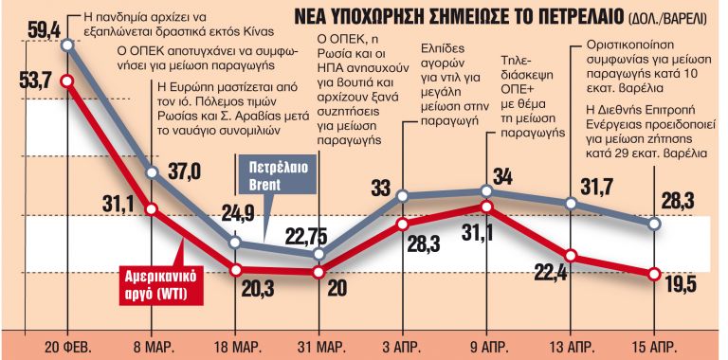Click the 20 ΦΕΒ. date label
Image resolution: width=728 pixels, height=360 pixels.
[x=67, y=344]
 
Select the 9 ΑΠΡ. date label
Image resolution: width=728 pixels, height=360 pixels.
[x=486, y=344]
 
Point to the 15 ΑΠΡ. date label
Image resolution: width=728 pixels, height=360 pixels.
[x=653, y=344]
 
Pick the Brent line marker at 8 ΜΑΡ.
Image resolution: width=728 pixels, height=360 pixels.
[x=154, y=172]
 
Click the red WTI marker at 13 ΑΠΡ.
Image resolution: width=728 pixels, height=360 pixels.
[x=571, y=255]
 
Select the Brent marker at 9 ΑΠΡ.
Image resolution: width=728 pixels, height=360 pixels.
[x=486, y=192]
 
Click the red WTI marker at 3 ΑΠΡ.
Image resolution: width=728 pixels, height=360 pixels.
[x=403, y=225]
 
